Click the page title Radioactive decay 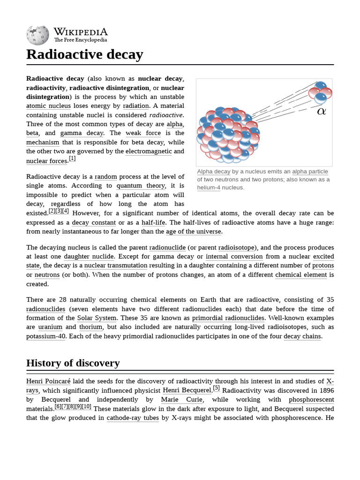coord(84,54)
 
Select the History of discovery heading coord(73,363)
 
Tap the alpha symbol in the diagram coord(321,111)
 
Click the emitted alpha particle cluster coord(320,92)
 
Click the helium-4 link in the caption coord(209,187)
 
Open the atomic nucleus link coord(48,106)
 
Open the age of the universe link coord(194,231)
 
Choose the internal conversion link coord(234,256)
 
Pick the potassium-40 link coord(46,336)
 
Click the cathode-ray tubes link coord(133,417)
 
